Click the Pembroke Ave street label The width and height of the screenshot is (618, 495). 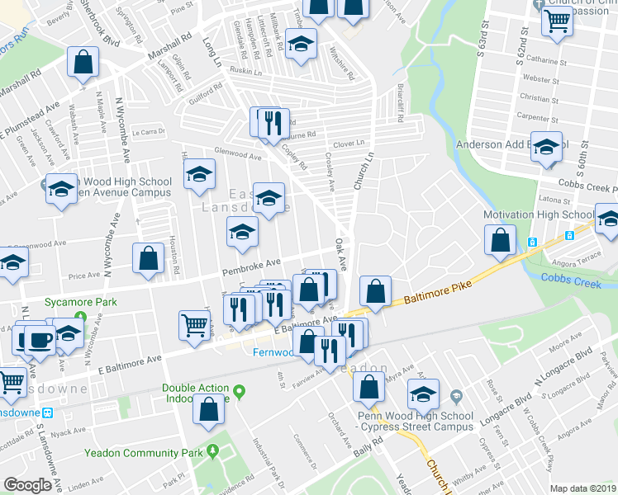pyautogui.click(x=250, y=269)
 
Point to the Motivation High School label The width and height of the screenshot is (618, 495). pyautogui.click(x=539, y=215)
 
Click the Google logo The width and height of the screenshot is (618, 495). pyautogui.click(x=27, y=485)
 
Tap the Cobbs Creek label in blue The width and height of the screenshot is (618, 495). pyautogui.click(x=579, y=279)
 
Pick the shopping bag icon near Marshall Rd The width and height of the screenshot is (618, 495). pyautogui.click(x=83, y=62)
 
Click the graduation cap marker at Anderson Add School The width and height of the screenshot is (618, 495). pyautogui.click(x=546, y=147)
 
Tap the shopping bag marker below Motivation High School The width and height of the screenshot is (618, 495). pyautogui.click(x=502, y=242)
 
